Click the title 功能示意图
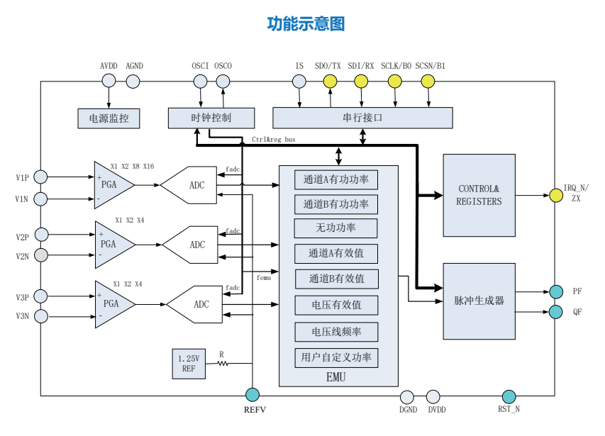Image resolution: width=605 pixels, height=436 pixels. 306,24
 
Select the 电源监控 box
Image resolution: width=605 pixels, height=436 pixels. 109,118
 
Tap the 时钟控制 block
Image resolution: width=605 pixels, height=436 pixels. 211,118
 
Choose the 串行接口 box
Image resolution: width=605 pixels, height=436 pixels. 362,118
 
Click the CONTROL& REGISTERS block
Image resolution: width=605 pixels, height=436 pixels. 479,195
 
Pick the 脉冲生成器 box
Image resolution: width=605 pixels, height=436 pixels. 479,301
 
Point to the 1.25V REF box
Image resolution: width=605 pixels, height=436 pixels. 188,364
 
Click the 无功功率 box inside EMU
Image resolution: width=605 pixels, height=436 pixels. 335,228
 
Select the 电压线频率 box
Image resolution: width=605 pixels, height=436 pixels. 335,332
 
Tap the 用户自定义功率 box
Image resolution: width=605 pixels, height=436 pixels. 335,357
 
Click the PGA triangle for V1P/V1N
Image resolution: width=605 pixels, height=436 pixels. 112,185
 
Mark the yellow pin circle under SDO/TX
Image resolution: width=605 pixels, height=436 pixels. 330,82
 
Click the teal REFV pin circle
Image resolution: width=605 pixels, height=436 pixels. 252,395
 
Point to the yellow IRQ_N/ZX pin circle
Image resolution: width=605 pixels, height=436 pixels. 556,194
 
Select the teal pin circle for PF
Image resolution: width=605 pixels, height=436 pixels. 556,291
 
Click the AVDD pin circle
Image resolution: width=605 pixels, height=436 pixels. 109,82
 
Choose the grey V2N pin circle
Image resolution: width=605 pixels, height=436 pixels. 41,255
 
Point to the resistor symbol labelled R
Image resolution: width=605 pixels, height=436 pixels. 222,364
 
